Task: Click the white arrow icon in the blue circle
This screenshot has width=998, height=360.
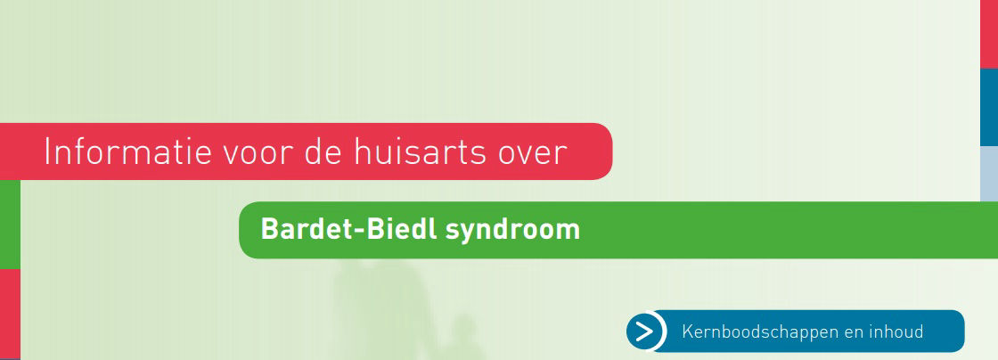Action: [x=645, y=331]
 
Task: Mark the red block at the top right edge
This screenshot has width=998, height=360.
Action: [x=989, y=34]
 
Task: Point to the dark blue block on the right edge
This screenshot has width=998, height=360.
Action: [x=989, y=107]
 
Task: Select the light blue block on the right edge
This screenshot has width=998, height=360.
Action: [x=989, y=174]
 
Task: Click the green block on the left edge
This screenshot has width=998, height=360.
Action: [x=10, y=224]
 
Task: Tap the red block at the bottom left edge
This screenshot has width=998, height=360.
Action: [x=10, y=314]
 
